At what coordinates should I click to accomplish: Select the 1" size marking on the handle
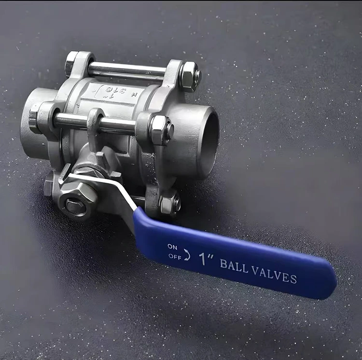[206, 259]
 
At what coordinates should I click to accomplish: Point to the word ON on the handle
[172, 247]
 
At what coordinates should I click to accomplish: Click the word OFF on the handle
[174, 256]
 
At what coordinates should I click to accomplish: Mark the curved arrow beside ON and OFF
[187, 254]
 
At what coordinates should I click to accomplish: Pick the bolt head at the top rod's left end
[70, 64]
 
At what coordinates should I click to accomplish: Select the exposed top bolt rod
[126, 70]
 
